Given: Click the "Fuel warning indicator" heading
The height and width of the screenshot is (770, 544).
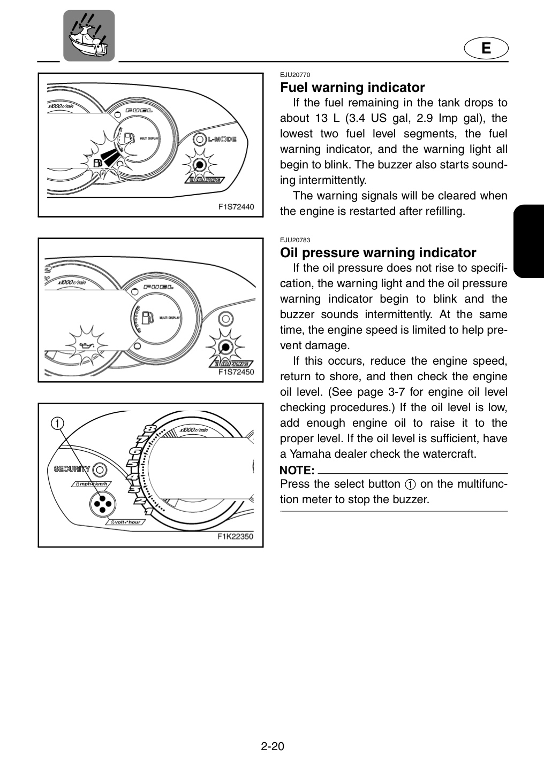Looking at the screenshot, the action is pos(352,88).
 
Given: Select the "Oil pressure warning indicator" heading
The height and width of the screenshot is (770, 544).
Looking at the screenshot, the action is pos(378,253).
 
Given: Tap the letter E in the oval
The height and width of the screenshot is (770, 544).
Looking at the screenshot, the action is pos(486,48).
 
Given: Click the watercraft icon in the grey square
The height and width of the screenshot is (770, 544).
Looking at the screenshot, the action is pos(89,35).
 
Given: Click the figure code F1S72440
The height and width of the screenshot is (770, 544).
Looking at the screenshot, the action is pos(236,207).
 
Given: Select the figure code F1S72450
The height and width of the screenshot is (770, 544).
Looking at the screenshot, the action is pos(236,372).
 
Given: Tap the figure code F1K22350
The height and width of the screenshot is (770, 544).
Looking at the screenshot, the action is pos(235,537).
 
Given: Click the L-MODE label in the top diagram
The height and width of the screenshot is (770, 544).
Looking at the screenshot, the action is pos(222,139).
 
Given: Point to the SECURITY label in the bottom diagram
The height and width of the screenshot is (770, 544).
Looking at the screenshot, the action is pos(72,469).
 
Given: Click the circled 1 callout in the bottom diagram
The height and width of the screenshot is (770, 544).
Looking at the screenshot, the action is pos(57,423).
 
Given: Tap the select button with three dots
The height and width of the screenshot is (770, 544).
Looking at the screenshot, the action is pos(103,504).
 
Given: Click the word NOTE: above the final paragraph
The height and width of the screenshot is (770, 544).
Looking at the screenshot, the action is pos(297,470).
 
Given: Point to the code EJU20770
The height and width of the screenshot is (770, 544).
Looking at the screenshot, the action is pos(295,75).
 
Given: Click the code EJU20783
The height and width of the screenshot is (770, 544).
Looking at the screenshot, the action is pos(295,240).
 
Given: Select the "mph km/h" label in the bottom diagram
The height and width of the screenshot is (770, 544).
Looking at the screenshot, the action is pos(92,484).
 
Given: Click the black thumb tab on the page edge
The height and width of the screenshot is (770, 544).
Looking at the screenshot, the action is pos(529,241).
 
